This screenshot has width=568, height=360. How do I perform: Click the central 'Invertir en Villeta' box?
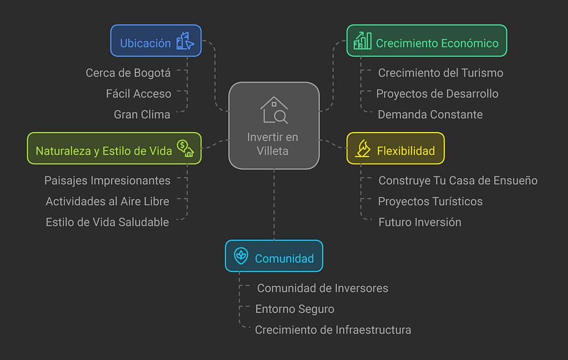pos(274,126)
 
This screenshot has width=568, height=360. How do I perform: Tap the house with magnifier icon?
pos(274,110)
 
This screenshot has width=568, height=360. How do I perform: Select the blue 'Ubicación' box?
pos(156,40)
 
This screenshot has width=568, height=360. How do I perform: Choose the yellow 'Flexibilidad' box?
pos(395,148)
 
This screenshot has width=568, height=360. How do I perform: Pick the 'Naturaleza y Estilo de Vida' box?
pos(114,148)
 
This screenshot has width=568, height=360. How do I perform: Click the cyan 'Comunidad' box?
pos(273,256)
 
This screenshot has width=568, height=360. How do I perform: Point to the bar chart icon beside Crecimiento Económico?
pos(363,40)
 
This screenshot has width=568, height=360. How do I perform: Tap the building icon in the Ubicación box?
pos(185,41)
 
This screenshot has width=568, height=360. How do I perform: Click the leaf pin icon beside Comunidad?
pos(241,256)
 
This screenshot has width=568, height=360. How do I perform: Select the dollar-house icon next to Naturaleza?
pos(185,148)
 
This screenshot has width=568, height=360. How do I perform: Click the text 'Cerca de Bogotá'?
pos(128,73)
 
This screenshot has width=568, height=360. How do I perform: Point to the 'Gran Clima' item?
pos(142,114)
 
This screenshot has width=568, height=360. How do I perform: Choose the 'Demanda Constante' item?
pos(430,114)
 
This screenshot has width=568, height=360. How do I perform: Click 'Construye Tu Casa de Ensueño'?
pos(458,180)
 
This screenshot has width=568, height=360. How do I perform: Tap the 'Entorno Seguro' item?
pos(295,309)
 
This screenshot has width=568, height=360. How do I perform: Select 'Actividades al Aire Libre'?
pos(108,201)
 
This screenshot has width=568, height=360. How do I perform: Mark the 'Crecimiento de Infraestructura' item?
pos(333,330)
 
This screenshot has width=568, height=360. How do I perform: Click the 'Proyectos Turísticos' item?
pos(430,201)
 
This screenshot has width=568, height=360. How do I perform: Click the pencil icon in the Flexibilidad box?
pos(363,149)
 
